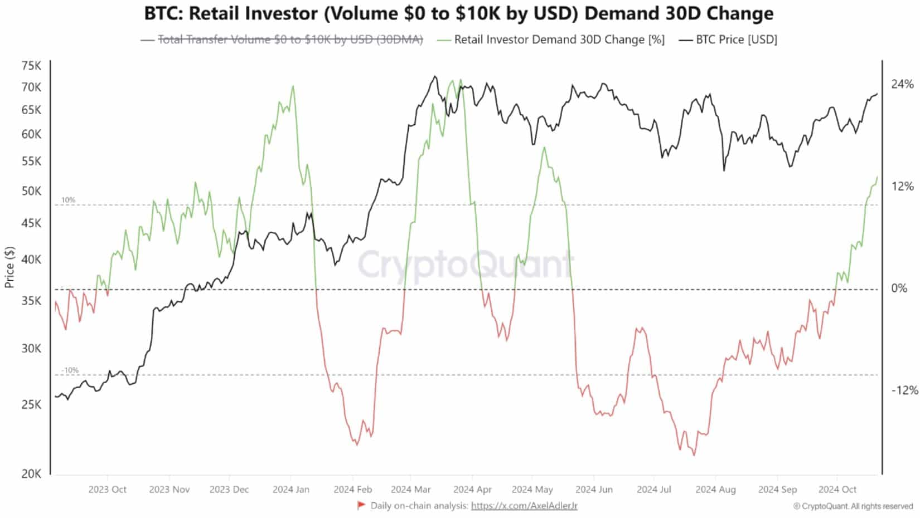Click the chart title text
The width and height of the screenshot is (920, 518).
tap(458, 13)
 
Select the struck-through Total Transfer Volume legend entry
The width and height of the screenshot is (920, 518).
tap(290, 40)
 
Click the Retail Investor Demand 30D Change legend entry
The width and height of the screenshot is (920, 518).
tap(559, 40)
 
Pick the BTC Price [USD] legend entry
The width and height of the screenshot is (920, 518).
tap(736, 40)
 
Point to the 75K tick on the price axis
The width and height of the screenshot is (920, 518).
tap(31, 66)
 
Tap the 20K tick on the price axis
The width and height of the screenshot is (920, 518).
tap(31, 474)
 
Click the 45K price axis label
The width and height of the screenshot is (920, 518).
tap(31, 223)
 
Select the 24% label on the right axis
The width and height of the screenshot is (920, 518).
tap(902, 84)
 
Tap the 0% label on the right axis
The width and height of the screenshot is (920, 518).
tap(899, 288)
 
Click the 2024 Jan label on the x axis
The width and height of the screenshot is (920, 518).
tap(290, 490)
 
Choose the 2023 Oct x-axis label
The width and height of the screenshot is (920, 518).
tap(107, 490)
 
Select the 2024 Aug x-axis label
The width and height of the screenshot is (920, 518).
tap(715, 490)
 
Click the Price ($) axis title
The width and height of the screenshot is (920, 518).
tap(9, 267)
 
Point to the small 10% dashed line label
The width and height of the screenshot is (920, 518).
tap(68, 200)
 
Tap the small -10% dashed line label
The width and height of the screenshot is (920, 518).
tap(70, 370)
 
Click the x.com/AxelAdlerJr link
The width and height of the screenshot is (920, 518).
tap(524, 506)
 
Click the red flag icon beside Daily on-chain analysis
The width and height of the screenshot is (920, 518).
tap(361, 505)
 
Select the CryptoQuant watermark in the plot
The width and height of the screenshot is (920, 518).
tap(466, 264)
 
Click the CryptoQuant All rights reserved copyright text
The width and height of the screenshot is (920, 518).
tap(853, 506)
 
